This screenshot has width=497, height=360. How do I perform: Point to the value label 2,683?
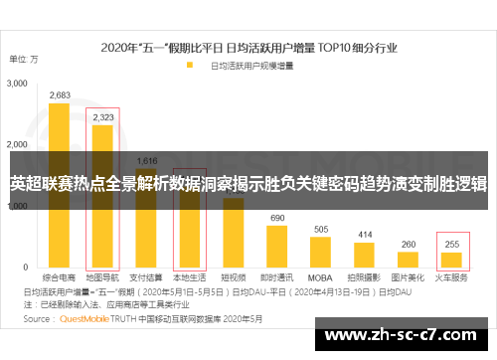60,95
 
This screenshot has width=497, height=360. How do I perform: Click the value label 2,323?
102,117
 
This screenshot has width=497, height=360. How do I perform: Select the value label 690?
277,218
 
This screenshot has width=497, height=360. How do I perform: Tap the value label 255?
452,244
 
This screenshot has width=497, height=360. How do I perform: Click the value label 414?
365,235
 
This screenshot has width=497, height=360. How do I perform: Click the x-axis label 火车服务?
452,279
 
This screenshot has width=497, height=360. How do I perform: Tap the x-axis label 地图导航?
102,279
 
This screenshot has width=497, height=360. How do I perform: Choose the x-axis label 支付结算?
146,279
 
